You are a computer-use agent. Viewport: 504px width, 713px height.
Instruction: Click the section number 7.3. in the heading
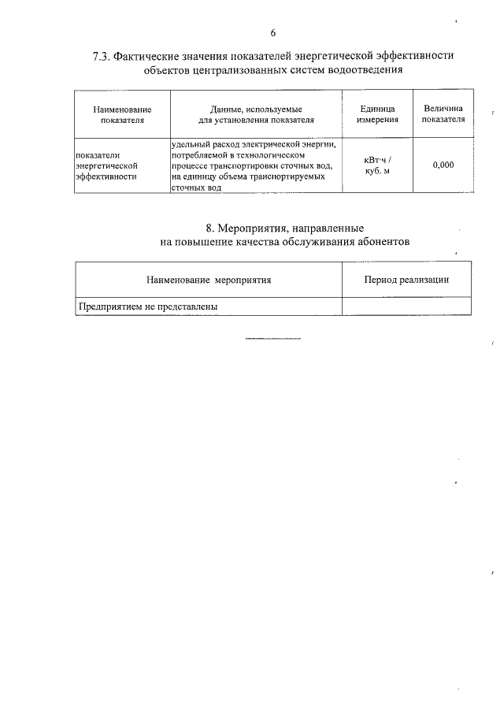tap(102, 56)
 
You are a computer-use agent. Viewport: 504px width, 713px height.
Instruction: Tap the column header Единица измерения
tap(376, 114)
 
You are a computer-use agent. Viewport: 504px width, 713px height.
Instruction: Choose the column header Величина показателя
tap(443, 114)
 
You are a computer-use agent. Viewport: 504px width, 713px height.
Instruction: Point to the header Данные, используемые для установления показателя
tap(256, 114)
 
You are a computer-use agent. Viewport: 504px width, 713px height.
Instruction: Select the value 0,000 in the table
tap(443, 165)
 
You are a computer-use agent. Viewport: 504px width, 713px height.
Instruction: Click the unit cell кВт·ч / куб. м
tap(376, 165)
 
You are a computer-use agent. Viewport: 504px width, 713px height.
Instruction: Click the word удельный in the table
tap(188, 144)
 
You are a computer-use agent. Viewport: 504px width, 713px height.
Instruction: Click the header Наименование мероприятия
tap(209, 280)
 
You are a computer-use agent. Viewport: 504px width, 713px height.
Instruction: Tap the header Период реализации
tap(406, 280)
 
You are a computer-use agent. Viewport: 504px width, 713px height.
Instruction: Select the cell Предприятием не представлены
tap(147, 306)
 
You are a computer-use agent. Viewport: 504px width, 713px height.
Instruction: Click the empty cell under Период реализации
tap(406, 306)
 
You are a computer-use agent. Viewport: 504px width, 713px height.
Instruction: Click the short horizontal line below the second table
tap(273, 339)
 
